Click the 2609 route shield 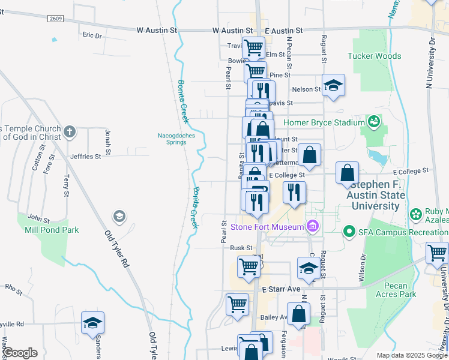click(x=55, y=19)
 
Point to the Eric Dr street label click(x=92, y=36)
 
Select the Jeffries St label click(x=85, y=157)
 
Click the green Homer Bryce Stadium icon click(x=375, y=122)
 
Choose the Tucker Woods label click(x=375, y=56)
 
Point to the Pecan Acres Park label click(x=398, y=290)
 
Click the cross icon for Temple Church click(x=70, y=131)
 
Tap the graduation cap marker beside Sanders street click(x=92, y=323)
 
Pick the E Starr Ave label click(x=281, y=289)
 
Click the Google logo click(x=20, y=353)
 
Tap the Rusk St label click(x=241, y=248)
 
